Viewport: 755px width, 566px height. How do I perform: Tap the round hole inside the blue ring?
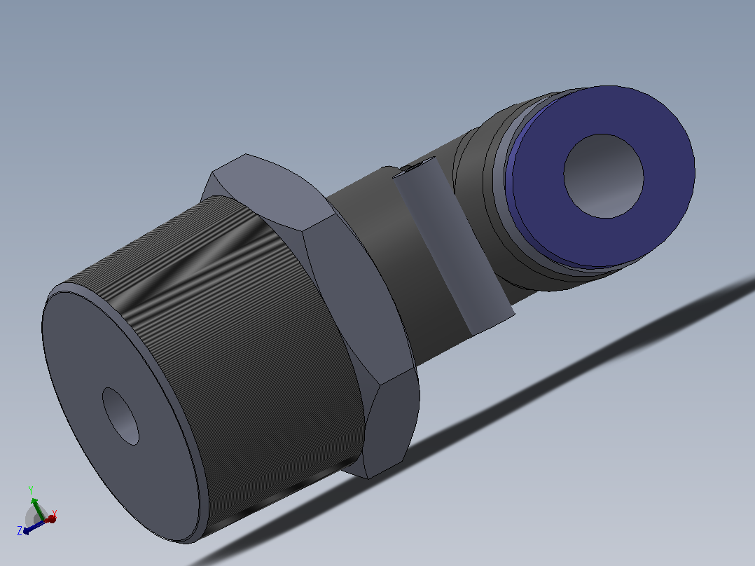point(604,176)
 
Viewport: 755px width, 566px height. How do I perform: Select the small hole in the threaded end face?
point(120,416)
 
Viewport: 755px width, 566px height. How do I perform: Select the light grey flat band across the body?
point(452,246)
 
